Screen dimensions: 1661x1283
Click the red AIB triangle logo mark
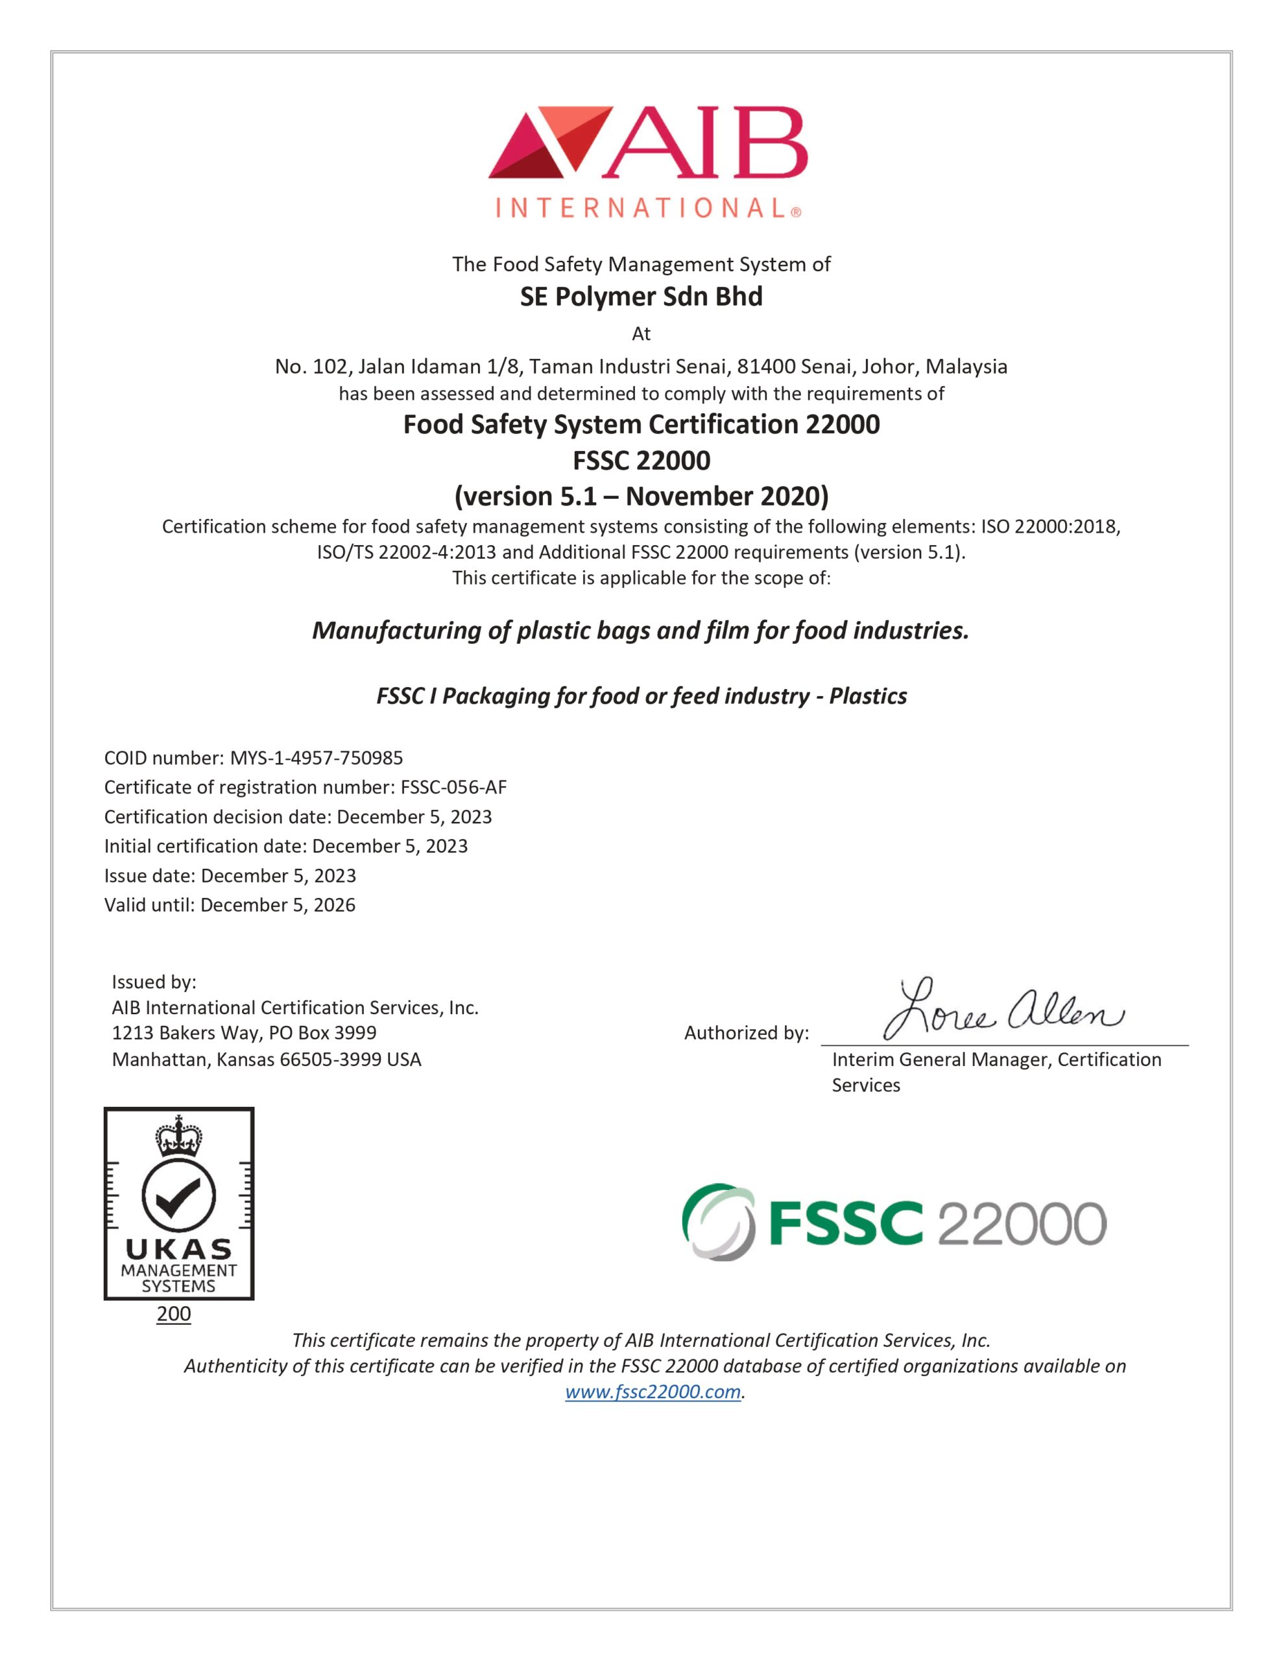[x=549, y=141]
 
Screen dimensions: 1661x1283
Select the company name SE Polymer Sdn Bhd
[x=641, y=297]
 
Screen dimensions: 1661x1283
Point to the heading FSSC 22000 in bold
[x=641, y=460]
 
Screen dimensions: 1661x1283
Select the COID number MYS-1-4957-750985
[x=317, y=757]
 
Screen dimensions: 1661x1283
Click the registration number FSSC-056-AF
[x=453, y=787]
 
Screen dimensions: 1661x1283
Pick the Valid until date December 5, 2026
[x=278, y=905]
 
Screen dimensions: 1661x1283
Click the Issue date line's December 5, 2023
[x=278, y=875]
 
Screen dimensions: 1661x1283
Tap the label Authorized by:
[x=746, y=1033]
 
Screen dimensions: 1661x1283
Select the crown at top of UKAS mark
[x=179, y=1136]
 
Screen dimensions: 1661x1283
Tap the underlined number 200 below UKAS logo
[x=173, y=1313]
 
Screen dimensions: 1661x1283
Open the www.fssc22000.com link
[x=653, y=1392]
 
